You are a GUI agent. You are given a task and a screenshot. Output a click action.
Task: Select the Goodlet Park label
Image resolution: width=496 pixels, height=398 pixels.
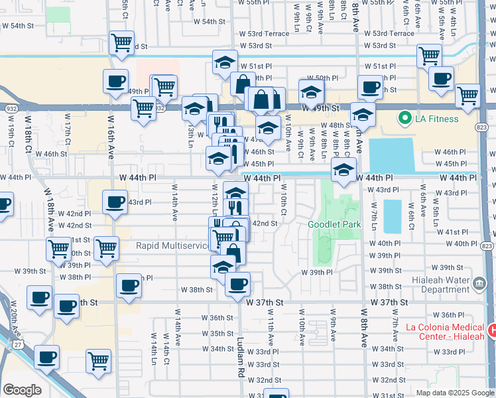334,224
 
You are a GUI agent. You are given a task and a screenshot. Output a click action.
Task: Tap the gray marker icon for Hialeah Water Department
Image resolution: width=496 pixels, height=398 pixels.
479,285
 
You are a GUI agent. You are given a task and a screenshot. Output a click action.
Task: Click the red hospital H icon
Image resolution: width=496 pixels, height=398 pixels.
492,330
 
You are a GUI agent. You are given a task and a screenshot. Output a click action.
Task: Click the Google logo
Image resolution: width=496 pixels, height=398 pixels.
22,389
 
